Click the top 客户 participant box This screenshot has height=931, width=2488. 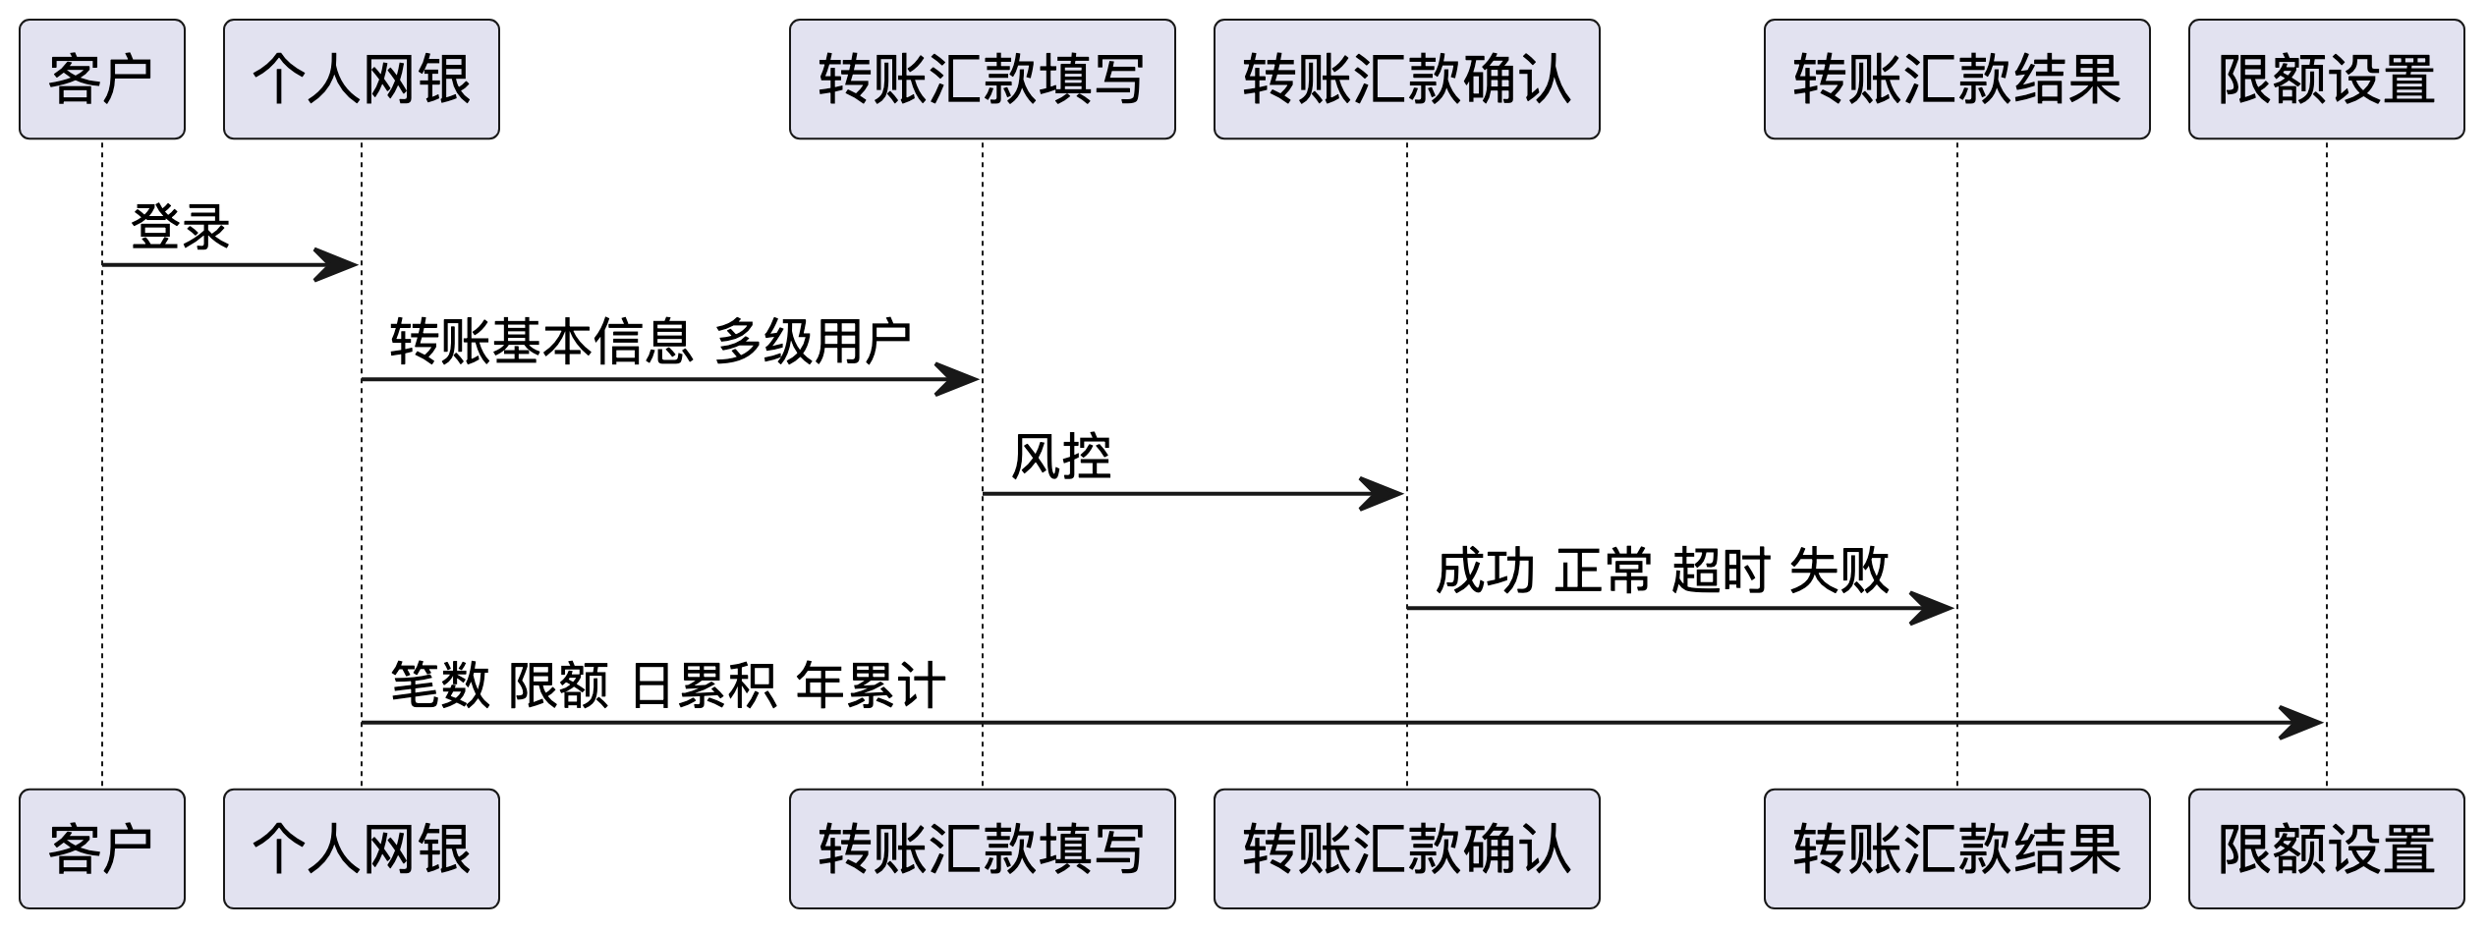[101, 79]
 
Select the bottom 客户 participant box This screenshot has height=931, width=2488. [101, 849]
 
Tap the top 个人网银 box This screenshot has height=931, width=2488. [361, 79]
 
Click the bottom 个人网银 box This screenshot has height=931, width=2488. [361, 849]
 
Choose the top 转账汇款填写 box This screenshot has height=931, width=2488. [982, 79]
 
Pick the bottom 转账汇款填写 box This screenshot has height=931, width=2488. [982, 849]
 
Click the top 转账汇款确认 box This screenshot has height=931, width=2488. [1406, 79]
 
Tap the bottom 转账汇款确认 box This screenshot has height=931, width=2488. [1406, 849]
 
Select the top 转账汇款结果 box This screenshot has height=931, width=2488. [1956, 79]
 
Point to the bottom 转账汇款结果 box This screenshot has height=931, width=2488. [1956, 849]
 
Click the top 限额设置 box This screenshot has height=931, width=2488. [2326, 79]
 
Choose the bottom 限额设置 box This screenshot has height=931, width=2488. [2326, 849]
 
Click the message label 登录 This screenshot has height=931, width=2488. [181, 227]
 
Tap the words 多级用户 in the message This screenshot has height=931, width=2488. [813, 342]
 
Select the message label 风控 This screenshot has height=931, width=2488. [1061, 457]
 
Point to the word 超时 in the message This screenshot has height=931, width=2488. [1721, 571]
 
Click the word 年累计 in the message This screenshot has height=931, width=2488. [871, 685]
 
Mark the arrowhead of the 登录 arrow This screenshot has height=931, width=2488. [338, 264]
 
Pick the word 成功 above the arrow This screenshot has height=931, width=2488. [1485, 571]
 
